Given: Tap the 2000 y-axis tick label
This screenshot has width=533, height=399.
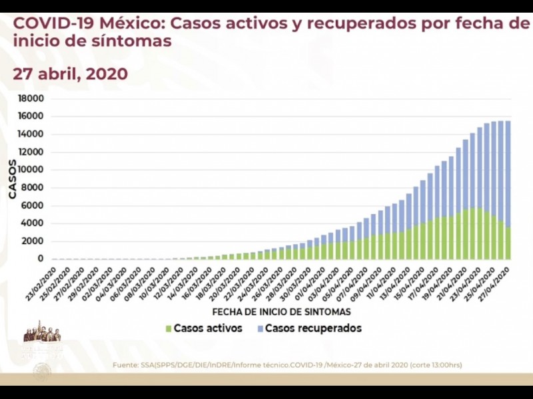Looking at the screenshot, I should [33, 241].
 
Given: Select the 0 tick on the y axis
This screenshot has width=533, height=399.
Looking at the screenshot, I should [41, 259].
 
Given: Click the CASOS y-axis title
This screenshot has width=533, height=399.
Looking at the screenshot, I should [12, 179].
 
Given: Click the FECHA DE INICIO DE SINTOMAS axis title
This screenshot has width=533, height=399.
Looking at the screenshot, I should [281, 311].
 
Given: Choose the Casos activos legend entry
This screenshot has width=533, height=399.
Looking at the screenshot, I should [204, 328].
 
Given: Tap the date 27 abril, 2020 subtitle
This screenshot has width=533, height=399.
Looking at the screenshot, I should [70, 73].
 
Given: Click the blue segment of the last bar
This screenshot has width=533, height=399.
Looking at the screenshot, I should [508, 173].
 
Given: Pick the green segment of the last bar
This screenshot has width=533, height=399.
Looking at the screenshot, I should [508, 243].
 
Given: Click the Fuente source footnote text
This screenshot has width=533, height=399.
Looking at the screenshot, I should [286, 364].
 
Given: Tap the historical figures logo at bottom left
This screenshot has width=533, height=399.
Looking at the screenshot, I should [42, 334].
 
